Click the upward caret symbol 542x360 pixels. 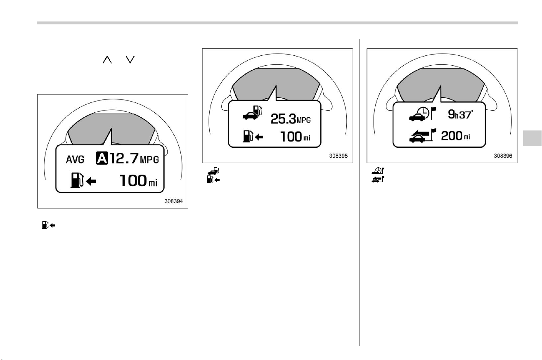pyautogui.click(x=107, y=59)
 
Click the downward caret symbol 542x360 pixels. pyautogui.click(x=130, y=59)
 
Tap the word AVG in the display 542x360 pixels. pyautogui.click(x=75, y=159)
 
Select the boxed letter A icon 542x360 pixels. pyautogui.click(x=102, y=158)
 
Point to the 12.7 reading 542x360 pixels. pyautogui.click(x=124, y=158)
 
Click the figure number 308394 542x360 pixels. pyautogui.click(x=173, y=201)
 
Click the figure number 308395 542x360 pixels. pyautogui.click(x=338, y=156)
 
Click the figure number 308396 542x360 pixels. pyautogui.click(x=503, y=156)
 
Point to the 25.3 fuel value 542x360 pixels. pyautogui.click(x=283, y=119)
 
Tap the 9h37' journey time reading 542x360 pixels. pyautogui.click(x=460, y=114)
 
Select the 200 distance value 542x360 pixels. pyautogui.click(x=452, y=136)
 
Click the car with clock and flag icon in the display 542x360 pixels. pyautogui.click(x=422, y=114)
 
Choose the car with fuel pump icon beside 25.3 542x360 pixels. pyautogui.click(x=252, y=112)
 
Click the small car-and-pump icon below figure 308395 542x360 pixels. pyautogui.click(x=213, y=171)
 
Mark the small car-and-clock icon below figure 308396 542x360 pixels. pyautogui.click(x=378, y=171)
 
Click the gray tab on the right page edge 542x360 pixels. pyautogui.click(x=532, y=138)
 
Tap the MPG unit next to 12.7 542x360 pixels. pyautogui.click(x=149, y=160)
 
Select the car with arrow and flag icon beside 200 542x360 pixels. pyautogui.click(x=422, y=135)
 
